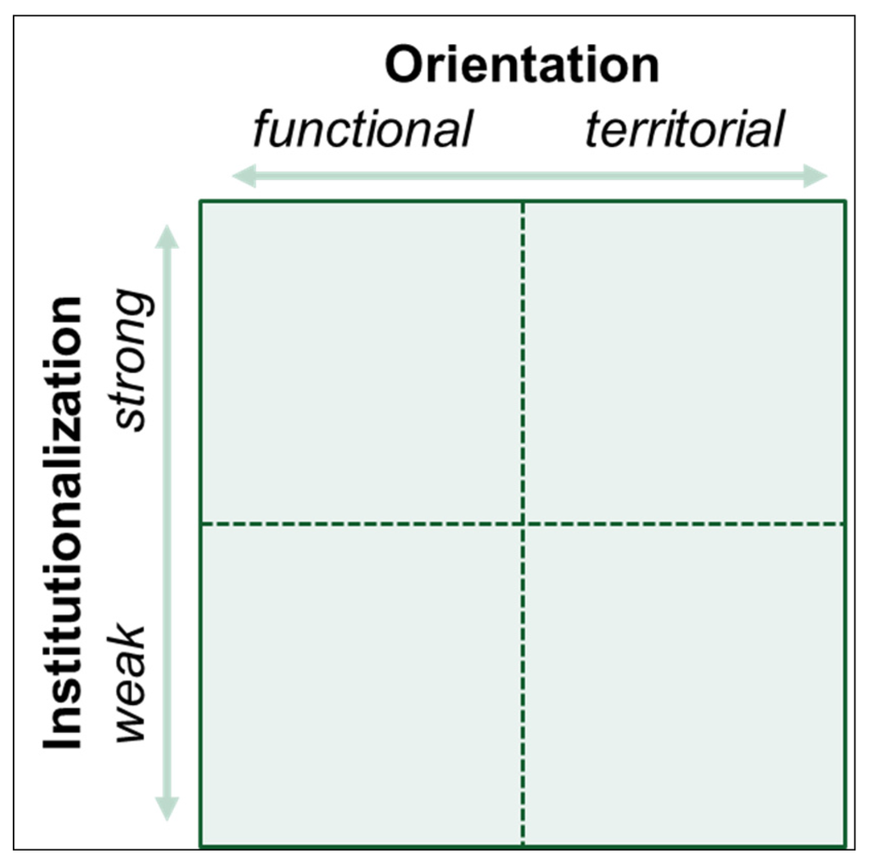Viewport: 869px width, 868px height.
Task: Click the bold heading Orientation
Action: [522, 65]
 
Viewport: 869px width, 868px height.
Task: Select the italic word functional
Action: [362, 130]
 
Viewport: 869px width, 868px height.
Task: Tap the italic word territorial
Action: [684, 130]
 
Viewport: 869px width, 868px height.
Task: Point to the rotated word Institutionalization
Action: [64, 522]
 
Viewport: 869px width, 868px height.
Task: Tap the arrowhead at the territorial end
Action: [816, 177]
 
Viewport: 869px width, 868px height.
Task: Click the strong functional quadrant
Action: [362, 363]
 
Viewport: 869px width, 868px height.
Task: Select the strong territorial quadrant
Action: [684, 363]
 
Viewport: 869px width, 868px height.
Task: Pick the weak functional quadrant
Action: [362, 685]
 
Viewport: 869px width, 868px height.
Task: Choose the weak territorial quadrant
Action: [684, 685]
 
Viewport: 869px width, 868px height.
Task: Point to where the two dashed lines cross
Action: [523, 524]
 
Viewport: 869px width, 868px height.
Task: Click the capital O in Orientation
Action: [405, 66]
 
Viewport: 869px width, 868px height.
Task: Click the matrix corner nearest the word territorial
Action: [845, 201]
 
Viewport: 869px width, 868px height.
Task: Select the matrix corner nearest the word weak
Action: [201, 846]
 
